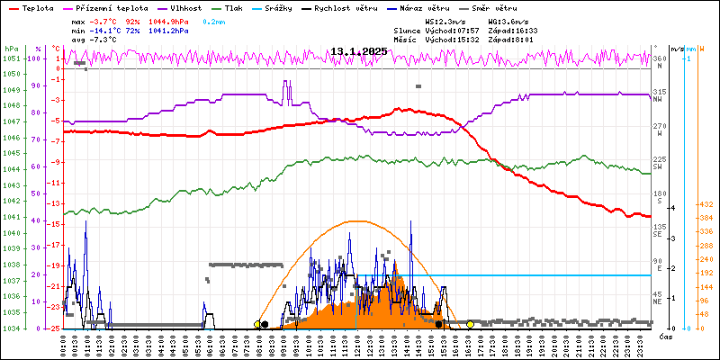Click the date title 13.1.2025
(x=358, y=51)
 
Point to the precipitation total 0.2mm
(x=213, y=20)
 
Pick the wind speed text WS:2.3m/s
(x=445, y=20)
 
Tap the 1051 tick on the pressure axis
(x=11, y=59)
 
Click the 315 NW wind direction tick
(x=659, y=93)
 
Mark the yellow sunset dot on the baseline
(x=471, y=324)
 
